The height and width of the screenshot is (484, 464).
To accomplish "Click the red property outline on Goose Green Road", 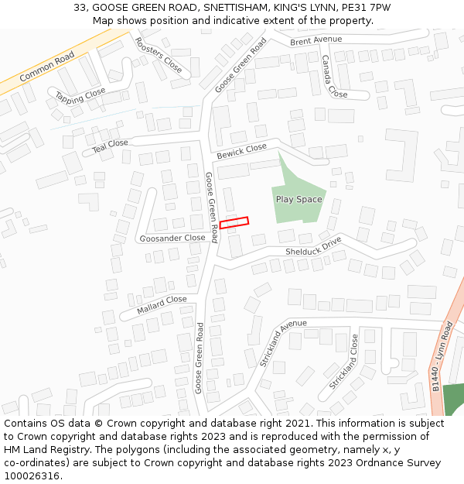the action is point(234,223).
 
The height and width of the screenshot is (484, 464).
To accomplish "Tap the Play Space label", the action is point(299,200).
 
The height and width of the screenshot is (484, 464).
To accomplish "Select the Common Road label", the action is point(47,67).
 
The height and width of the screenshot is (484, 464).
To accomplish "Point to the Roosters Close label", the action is point(158,55).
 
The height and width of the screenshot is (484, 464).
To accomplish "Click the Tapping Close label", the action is point(80,96).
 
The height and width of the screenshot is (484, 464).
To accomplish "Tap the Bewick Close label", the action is point(241,151).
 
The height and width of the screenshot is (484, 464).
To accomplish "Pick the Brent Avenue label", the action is point(316,40).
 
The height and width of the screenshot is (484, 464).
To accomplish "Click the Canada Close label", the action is point(334,75).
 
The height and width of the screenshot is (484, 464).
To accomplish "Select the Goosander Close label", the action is point(172,239).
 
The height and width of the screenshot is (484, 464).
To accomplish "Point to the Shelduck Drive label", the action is point(313,247).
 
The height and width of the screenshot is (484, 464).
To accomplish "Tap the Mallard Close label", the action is point(162,304).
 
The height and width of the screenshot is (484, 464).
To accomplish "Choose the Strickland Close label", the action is point(343,362).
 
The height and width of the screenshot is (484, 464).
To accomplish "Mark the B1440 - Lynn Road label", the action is point(444,357).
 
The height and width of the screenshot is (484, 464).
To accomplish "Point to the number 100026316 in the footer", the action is point(32,476).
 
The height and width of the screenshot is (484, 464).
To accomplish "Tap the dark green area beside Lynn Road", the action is point(454,399).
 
